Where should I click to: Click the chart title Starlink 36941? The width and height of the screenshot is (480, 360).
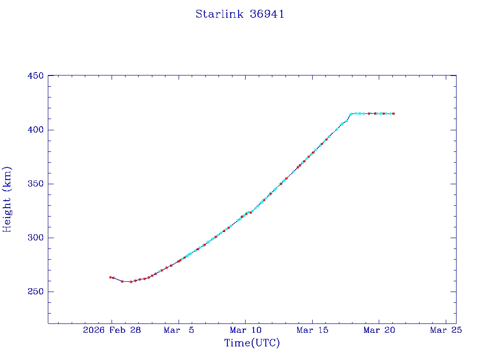[x=240, y=14]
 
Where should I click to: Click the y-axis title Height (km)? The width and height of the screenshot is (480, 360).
[x=7, y=199]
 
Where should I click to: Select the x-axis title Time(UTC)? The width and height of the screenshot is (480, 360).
[x=252, y=343]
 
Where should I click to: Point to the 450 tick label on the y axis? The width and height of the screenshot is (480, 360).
[x=36, y=76]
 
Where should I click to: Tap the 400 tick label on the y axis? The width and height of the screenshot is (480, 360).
[x=36, y=130]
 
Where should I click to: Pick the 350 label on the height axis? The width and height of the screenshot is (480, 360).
[x=36, y=184]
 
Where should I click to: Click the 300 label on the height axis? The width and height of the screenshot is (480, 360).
[x=36, y=238]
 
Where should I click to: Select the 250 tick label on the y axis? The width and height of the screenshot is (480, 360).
[x=36, y=292]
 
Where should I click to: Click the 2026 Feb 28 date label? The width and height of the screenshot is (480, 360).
[x=112, y=330]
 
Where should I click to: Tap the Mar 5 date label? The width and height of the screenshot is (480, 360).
[x=179, y=330]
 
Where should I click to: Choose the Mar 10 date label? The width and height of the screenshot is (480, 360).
[x=245, y=330]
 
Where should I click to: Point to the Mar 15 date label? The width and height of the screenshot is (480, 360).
[x=312, y=330]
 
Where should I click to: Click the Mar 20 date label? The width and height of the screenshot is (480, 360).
[x=379, y=330]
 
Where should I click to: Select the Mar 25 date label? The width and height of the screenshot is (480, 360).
[x=446, y=330]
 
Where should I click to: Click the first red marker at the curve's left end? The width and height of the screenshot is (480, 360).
[x=110, y=277]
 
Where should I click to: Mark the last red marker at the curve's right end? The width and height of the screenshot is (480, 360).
[x=393, y=113]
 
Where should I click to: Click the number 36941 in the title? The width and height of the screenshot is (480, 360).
[x=267, y=14]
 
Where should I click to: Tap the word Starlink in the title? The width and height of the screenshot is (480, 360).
[x=219, y=14]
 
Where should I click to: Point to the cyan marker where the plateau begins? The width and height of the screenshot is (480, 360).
[x=351, y=113]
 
